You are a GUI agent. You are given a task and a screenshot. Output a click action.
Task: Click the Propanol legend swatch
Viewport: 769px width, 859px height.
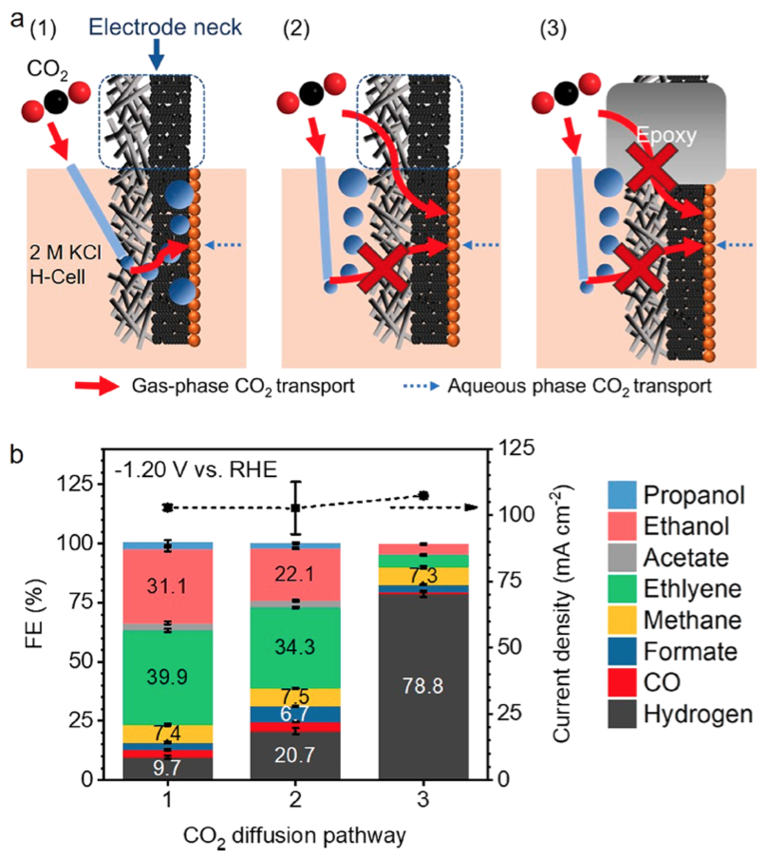pos(621,495)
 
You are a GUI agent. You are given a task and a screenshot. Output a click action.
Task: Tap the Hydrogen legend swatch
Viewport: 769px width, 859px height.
pos(621,714)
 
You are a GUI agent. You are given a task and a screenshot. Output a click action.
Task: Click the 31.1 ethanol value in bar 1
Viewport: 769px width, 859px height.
pos(167,586)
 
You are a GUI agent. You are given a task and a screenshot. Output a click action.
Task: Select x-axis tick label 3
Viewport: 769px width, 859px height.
pos(422,800)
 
